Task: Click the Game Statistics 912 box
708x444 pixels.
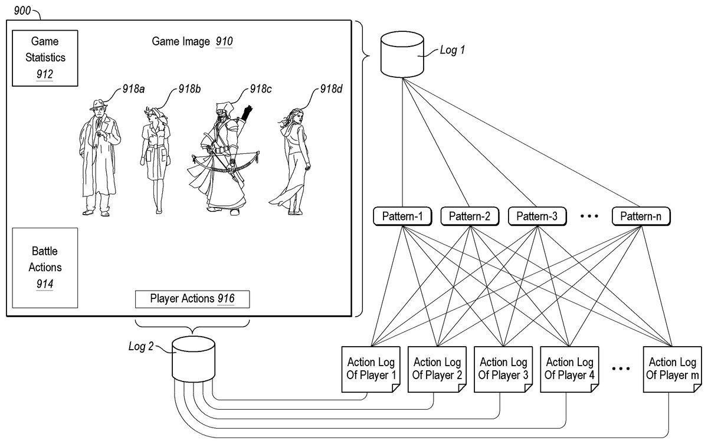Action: click(x=44, y=58)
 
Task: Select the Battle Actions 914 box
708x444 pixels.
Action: click(x=44, y=268)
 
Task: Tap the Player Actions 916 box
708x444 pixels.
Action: click(x=192, y=299)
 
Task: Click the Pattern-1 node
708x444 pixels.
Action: click(x=403, y=216)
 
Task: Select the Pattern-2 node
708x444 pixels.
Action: click(x=470, y=216)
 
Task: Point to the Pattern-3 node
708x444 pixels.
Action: click(x=537, y=216)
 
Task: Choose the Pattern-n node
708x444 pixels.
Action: click(x=641, y=216)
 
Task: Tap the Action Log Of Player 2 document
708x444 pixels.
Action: click(x=437, y=369)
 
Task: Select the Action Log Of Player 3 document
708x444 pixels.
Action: click(x=503, y=369)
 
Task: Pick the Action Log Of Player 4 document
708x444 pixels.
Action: click(x=569, y=369)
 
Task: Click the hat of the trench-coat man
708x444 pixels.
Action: click(x=97, y=105)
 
